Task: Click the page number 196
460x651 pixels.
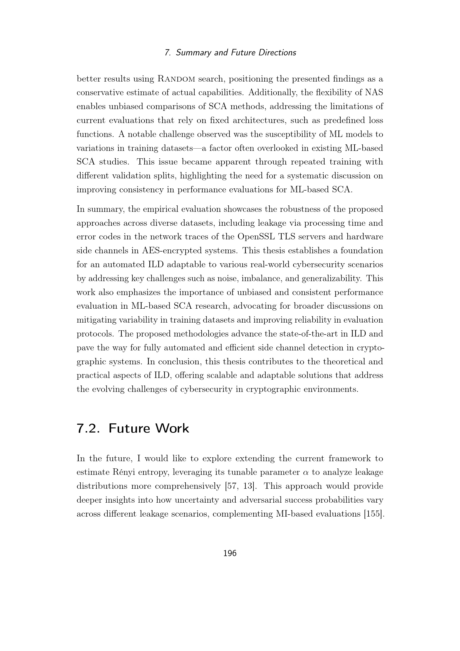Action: (230, 553)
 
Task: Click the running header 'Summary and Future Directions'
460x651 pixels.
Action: (236, 53)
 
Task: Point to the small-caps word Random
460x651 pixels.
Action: (176, 79)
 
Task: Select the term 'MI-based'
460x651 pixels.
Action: (293, 514)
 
